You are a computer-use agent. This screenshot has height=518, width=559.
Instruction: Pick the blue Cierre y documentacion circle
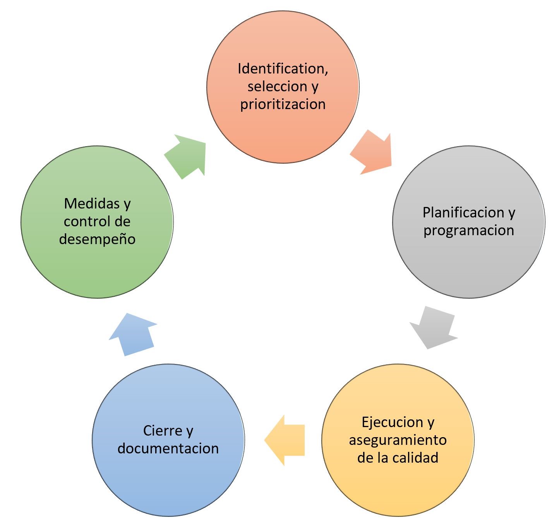click(168, 480)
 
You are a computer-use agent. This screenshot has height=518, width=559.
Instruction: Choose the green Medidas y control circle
click(97, 267)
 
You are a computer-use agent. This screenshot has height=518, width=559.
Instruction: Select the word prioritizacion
click(283, 104)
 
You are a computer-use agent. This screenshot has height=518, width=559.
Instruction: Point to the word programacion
click(468, 231)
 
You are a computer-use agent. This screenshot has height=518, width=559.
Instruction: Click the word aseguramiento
click(398, 440)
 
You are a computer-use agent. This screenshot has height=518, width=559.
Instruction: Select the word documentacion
click(168, 448)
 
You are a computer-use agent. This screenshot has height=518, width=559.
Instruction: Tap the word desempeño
click(97, 239)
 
